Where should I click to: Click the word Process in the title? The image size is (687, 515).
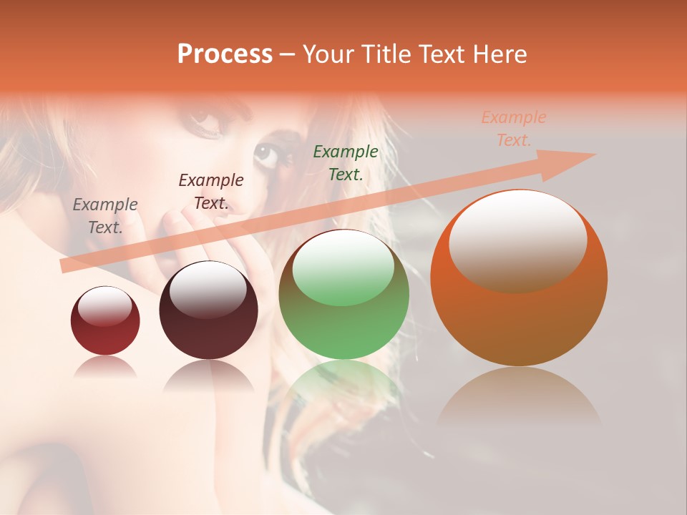point(225,54)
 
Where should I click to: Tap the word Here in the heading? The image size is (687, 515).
point(498,54)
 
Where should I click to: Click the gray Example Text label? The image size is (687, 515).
point(105,216)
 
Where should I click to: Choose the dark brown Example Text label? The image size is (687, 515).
point(211,192)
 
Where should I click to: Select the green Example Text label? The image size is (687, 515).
point(346,162)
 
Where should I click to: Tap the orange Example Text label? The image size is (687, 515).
point(514,129)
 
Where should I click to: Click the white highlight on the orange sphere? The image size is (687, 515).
point(517,240)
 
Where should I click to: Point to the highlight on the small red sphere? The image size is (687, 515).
point(105,306)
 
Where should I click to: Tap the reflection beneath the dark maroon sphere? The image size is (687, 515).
point(208,376)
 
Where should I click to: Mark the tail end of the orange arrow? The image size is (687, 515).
point(66,266)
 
